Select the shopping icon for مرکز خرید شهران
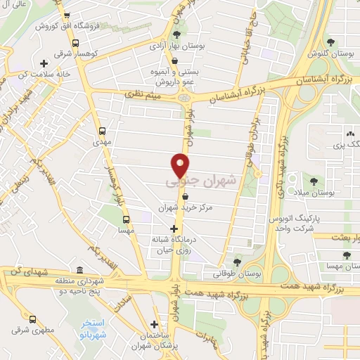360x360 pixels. tap(184, 198)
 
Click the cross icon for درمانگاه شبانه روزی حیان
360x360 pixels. tap(174, 229)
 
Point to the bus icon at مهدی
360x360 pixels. tap(103, 130)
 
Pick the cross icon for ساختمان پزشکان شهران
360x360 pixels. tap(154, 324)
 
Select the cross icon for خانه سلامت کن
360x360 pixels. tap(44, 63)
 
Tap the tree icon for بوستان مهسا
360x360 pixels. tap(345, 255)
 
